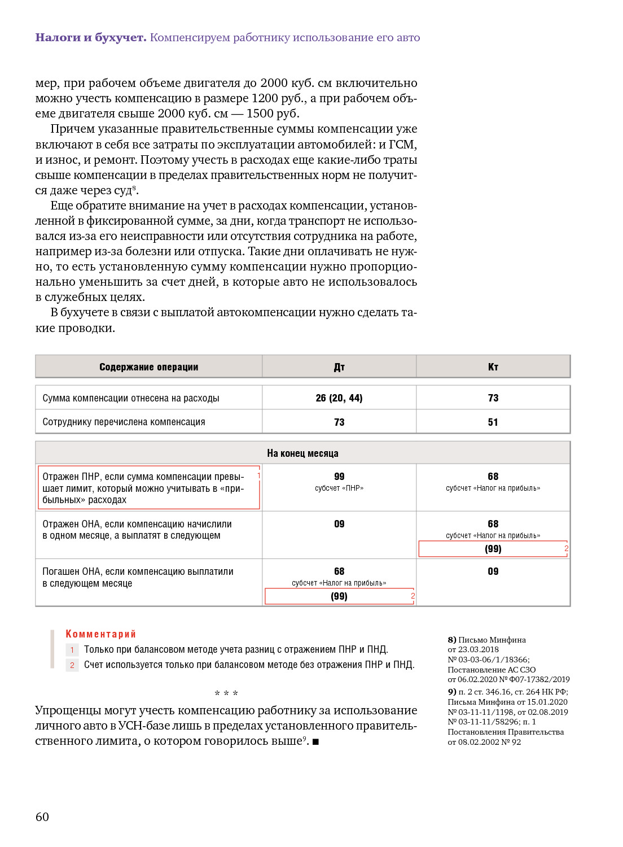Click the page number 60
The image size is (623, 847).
point(42,817)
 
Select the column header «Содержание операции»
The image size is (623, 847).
point(148,367)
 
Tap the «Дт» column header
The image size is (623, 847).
point(339,367)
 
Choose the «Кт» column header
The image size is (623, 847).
point(493,367)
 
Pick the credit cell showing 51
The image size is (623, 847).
point(493,422)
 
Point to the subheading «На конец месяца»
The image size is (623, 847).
point(302,453)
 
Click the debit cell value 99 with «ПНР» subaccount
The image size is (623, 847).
point(339,477)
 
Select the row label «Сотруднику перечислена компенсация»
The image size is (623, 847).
point(124,422)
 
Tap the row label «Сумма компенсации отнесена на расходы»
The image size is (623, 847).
point(130,398)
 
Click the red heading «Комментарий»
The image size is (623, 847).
point(100,634)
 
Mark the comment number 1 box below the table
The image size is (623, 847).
point(72,650)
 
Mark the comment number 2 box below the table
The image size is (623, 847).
point(72,665)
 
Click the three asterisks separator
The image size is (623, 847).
point(226,693)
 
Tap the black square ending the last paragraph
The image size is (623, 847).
point(315,742)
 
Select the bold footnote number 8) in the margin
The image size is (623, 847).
point(452,640)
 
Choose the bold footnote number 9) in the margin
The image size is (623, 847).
point(452,692)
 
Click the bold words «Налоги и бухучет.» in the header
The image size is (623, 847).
point(91,38)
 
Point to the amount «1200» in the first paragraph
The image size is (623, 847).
point(265,98)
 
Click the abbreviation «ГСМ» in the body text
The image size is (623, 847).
point(402,145)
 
